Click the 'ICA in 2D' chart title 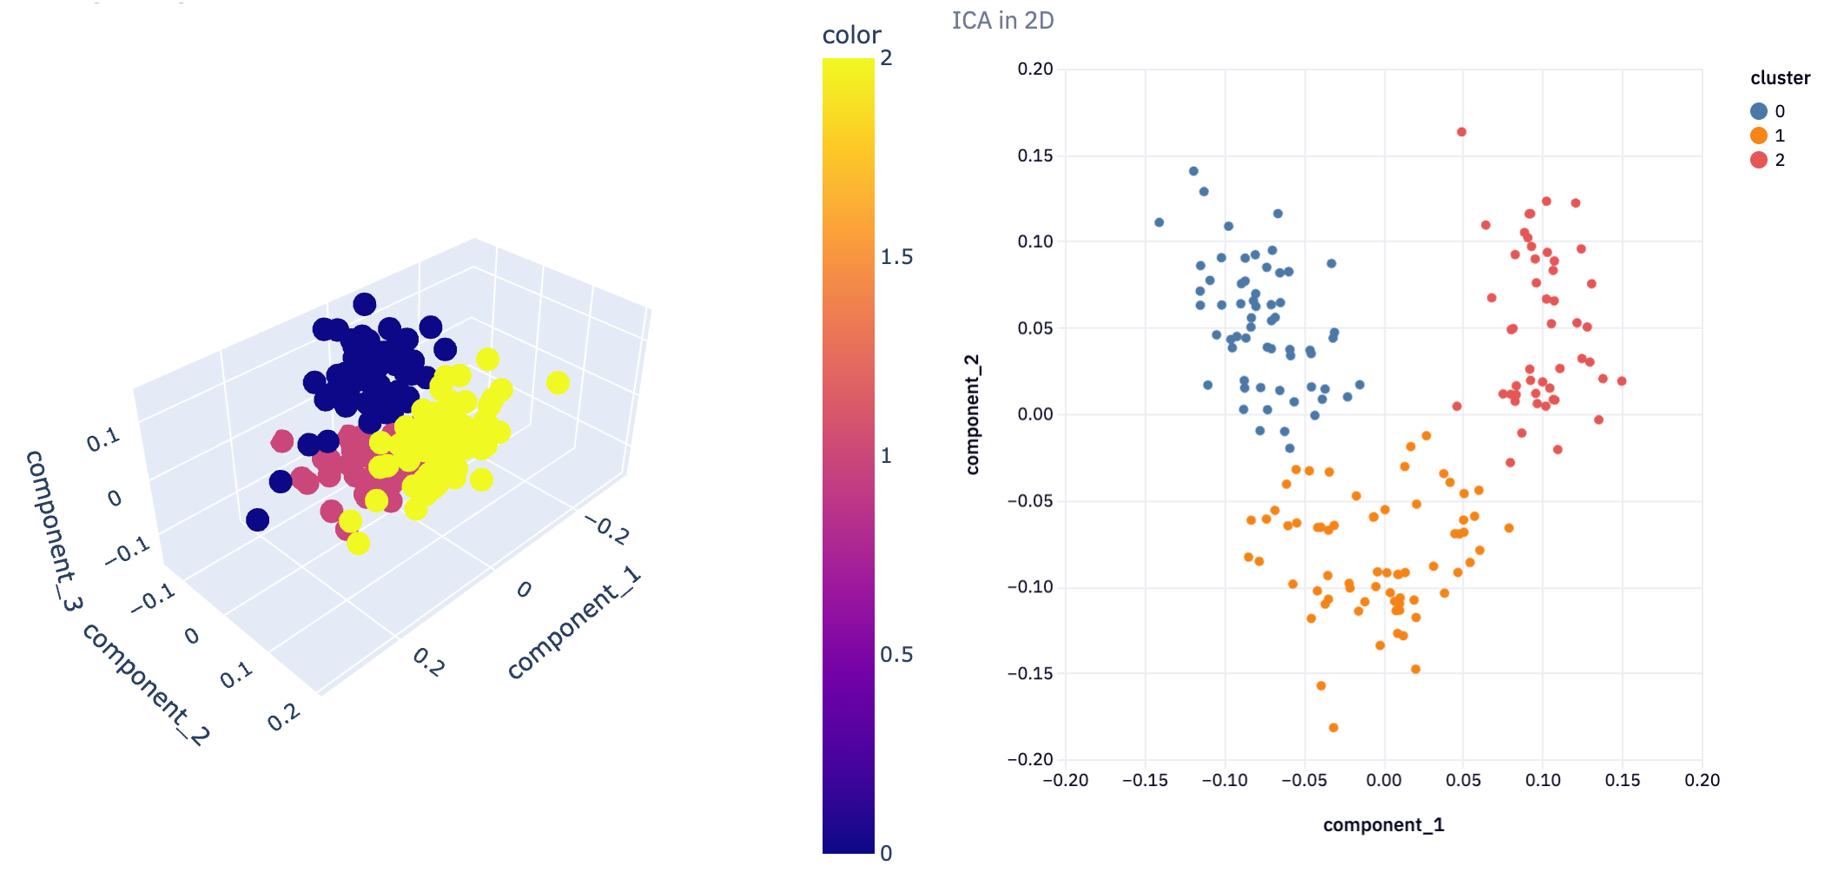1002,20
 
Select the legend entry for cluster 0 1767,111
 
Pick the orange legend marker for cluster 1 1759,135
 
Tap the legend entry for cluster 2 1767,160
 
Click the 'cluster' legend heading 1780,78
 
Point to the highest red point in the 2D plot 1462,132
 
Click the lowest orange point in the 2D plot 1333,728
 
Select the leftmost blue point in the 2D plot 1159,222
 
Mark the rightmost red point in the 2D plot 1622,381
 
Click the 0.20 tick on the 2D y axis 1035,69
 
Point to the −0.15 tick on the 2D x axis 1145,780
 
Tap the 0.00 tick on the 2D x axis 1384,780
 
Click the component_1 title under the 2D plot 1384,824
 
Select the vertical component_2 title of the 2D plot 972,414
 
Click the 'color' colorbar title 851,35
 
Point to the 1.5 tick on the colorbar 896,257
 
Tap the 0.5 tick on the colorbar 896,655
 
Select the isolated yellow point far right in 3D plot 558,382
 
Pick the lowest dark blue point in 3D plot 257,520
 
